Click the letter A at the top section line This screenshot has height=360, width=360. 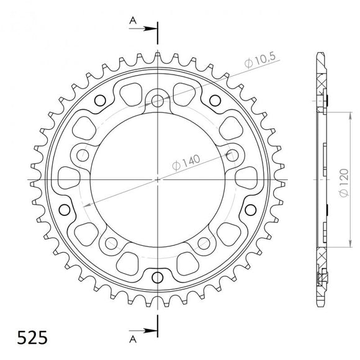click(x=132, y=19)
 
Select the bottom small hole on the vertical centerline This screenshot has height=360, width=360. click(x=158, y=276)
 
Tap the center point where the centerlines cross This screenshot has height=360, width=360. click(x=158, y=180)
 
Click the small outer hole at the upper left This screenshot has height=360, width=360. click(x=101, y=99)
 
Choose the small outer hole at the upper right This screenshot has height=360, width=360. click(x=215, y=99)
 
